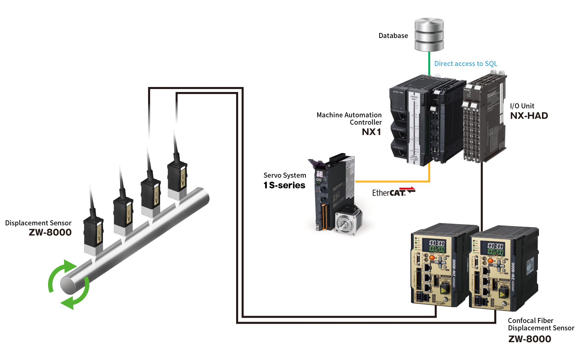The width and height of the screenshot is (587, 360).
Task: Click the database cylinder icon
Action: [429, 35]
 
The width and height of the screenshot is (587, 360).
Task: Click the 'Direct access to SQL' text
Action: [466, 64]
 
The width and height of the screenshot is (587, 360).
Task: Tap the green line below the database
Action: [429, 63]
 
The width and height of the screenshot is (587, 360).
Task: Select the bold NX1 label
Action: [371, 132]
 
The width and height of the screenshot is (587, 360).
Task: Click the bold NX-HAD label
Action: [529, 116]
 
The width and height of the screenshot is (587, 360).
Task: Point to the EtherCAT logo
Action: [394, 192]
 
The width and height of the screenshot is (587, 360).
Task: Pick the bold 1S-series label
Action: [284, 185]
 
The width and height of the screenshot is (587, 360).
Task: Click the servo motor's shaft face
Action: [344, 224]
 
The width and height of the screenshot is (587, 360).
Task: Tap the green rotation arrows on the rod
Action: [69, 284]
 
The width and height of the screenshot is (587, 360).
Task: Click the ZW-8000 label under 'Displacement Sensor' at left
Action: [50, 232]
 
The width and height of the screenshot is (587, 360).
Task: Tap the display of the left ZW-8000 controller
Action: [436, 246]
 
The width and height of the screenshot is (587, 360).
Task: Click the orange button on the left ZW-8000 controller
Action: [432, 258]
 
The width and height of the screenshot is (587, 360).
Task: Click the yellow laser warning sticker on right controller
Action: [502, 294]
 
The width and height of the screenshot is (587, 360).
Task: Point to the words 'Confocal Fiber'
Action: [530, 321]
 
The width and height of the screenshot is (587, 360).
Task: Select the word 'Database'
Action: [393, 36]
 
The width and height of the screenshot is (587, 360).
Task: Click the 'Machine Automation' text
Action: [349, 115]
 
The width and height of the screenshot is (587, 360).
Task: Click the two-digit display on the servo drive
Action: [319, 174]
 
